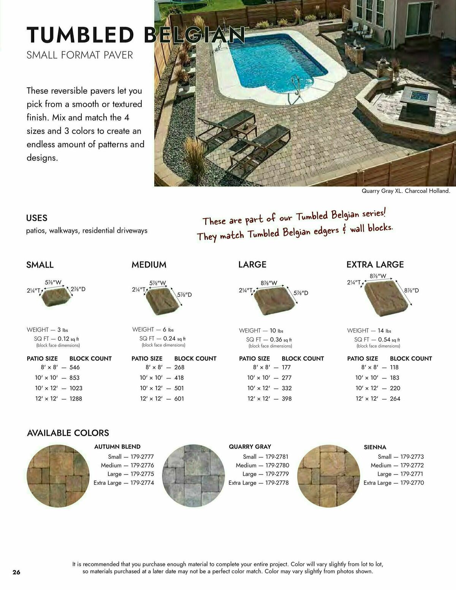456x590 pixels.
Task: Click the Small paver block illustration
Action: tap(56, 296)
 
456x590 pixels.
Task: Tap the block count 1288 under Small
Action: tap(76, 399)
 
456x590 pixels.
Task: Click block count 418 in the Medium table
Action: tap(179, 378)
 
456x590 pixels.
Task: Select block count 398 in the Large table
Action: tap(287, 399)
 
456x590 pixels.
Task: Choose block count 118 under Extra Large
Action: tap(394, 367)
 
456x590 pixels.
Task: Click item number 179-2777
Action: tap(142, 457)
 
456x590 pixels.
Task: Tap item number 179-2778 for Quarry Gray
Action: tap(277, 483)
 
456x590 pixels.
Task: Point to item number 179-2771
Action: tap(412, 474)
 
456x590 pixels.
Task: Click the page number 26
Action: tap(16, 572)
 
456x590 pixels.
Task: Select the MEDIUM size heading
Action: tap(149, 265)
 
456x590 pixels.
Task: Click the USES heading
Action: tap(36, 218)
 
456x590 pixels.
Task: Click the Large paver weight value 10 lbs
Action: tap(276, 331)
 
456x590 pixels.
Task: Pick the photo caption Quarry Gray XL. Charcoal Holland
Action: tap(405, 191)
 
